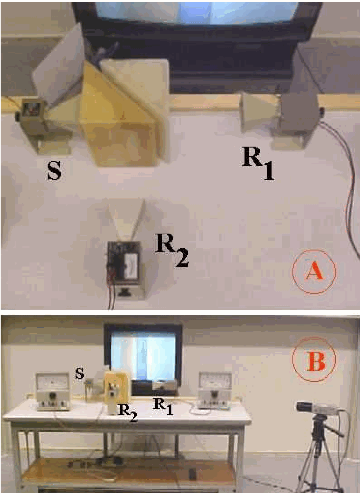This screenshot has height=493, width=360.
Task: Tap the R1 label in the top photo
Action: [x=257, y=163]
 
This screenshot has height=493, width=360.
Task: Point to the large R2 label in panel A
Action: [x=171, y=249]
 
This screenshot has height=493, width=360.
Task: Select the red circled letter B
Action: [x=314, y=360]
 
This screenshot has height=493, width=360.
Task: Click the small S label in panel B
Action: [x=80, y=373]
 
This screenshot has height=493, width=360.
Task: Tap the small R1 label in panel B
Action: [x=163, y=406]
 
